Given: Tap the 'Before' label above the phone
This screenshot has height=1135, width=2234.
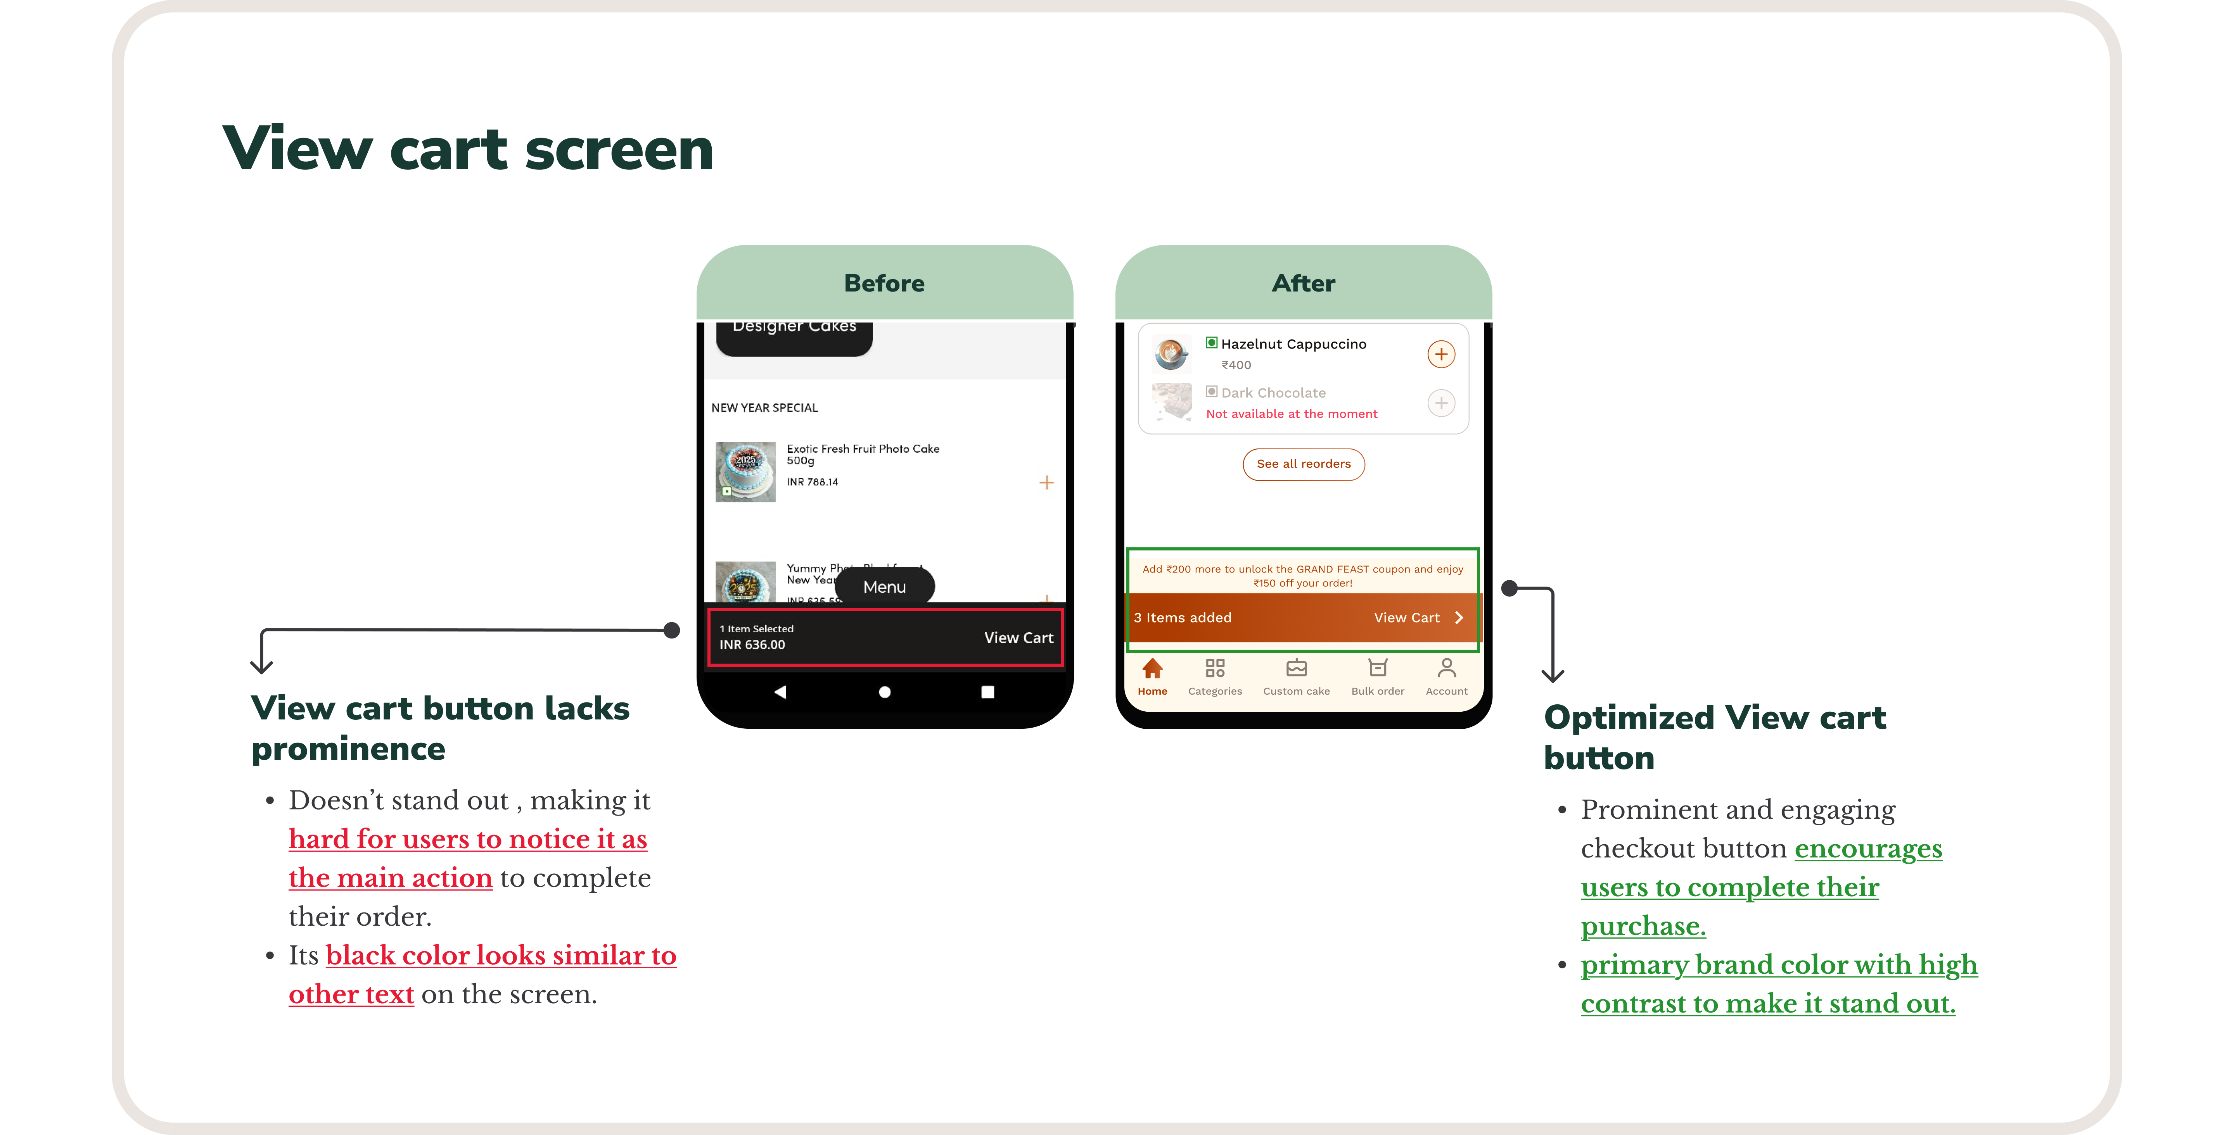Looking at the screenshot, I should (884, 283).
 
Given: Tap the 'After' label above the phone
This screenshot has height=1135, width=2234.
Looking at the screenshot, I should (1303, 283).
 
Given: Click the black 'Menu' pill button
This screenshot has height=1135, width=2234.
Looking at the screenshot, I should (884, 587).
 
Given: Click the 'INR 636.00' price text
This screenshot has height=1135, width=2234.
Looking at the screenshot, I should (752, 645).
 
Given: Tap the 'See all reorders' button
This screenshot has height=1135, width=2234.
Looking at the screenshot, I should (1303, 464).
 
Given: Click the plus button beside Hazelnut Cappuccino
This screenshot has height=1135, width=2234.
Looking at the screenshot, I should (1440, 354).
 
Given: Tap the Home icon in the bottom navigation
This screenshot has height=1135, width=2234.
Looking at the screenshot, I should (1152, 669).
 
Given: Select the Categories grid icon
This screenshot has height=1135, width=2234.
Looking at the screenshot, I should (1214, 669).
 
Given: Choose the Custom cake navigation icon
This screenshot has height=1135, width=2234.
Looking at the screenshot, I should (1296, 669).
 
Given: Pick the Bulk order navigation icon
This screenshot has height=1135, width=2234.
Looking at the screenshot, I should (1377, 669).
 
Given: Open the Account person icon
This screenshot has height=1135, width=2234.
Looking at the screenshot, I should (1446, 669).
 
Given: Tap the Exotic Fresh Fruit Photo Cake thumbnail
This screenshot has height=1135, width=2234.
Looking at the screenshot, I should (745, 472).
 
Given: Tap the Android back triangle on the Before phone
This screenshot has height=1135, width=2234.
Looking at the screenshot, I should (780, 692).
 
